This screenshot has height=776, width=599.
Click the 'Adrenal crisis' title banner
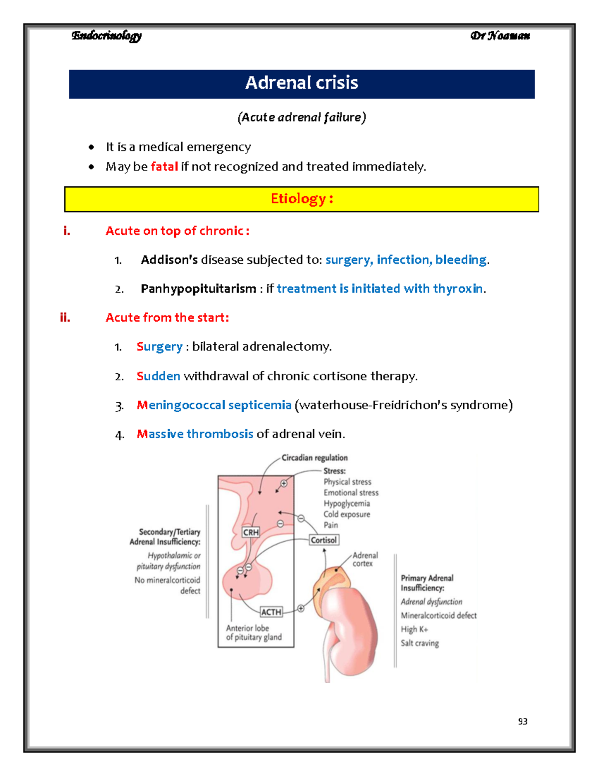pyautogui.click(x=301, y=83)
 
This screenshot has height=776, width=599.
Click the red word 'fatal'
pyautogui.click(x=164, y=166)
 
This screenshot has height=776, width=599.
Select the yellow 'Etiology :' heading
pyautogui.click(x=301, y=199)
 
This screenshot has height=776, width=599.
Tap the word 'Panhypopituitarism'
pyautogui.click(x=198, y=289)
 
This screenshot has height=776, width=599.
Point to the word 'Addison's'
pyautogui.click(x=169, y=260)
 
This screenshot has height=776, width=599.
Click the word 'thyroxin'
pyautogui.click(x=458, y=289)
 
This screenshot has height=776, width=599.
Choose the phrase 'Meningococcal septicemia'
pyautogui.click(x=214, y=405)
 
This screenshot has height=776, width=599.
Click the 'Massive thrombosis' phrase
pyautogui.click(x=195, y=434)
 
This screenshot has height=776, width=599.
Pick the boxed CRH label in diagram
pyautogui.click(x=251, y=532)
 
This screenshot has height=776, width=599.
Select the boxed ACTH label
pyautogui.click(x=271, y=612)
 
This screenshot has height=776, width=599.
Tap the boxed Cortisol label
pyautogui.click(x=323, y=540)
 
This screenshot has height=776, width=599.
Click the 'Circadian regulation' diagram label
pyautogui.click(x=314, y=458)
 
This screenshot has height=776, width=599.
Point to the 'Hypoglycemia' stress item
pyautogui.click(x=346, y=504)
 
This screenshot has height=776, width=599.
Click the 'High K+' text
pyautogui.click(x=414, y=630)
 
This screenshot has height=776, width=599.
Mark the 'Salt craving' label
pyautogui.click(x=420, y=643)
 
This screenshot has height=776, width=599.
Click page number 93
pyautogui.click(x=523, y=721)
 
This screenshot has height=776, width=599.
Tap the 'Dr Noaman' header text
pyautogui.click(x=500, y=35)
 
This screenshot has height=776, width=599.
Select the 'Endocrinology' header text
pyautogui.click(x=106, y=35)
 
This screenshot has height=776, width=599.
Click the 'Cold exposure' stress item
pyautogui.click(x=346, y=514)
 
